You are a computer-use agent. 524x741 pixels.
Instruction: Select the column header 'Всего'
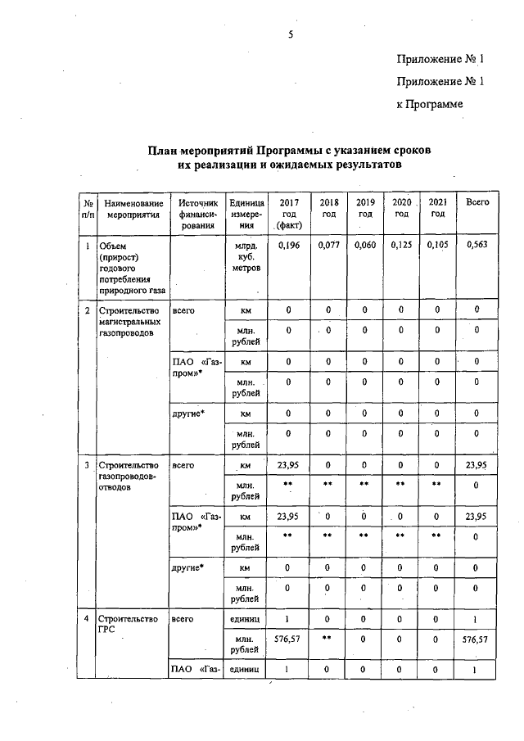coord(477,202)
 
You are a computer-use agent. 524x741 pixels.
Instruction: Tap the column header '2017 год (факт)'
coord(289,213)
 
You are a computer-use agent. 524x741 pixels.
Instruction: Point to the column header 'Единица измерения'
coord(246,213)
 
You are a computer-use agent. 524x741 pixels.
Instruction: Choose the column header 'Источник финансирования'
coord(198,213)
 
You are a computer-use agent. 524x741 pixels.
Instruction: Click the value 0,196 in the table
coord(289,245)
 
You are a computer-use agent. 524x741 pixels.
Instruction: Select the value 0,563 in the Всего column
coord(477,245)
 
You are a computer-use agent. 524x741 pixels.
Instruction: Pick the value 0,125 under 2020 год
coord(401,245)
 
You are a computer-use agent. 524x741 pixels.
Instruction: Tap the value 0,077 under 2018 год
coord(328,245)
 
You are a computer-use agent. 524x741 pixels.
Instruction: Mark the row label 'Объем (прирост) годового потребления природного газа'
coord(131,267)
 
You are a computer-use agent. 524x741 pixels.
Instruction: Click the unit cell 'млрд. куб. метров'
coord(246,256)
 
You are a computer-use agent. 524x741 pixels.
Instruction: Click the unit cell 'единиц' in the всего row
coord(246,620)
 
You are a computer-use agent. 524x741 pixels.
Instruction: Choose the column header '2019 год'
coord(365,208)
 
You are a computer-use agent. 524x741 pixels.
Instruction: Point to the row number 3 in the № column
coord(88,466)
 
